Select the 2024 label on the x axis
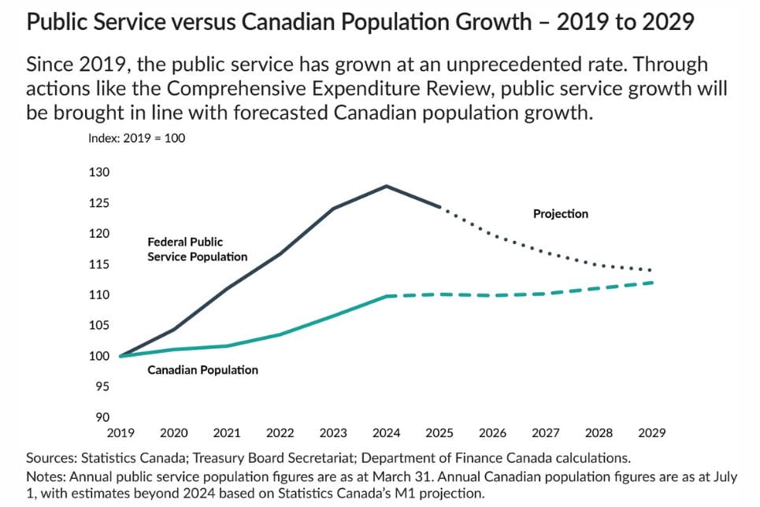pos(386,433)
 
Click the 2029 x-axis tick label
pos(652,433)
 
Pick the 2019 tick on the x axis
pos(120,433)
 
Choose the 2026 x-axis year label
pos(492,433)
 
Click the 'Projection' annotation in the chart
pos(560,214)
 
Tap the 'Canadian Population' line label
pos(202,370)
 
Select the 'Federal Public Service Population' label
pos(197,250)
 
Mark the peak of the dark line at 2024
pos(386,186)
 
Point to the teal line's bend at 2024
pos(386,296)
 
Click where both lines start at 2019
pos(120,356)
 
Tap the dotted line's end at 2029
pos(651,270)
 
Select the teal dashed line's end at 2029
pos(651,283)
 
